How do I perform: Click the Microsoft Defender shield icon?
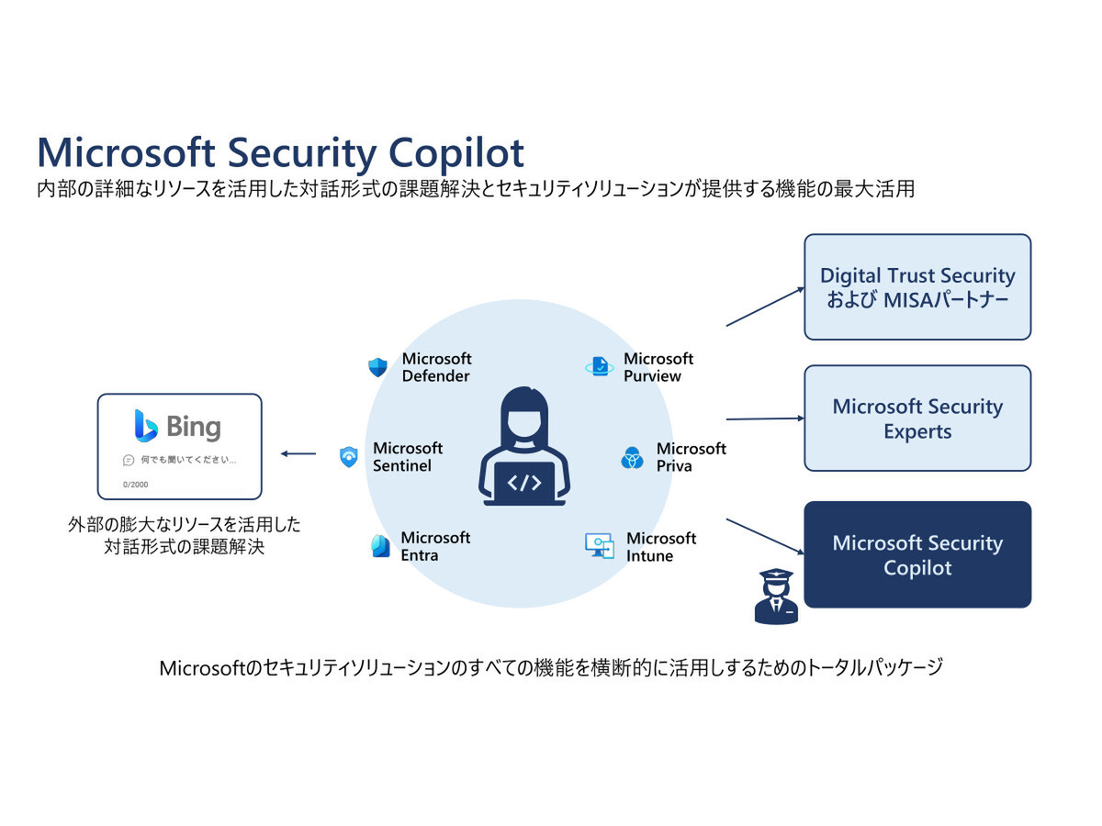377,368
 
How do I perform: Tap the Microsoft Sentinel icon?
348,457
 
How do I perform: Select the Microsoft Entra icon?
379,546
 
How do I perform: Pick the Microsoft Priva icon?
632,457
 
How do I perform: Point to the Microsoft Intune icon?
599,546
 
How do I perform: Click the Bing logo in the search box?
178,427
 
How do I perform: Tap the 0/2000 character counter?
135,484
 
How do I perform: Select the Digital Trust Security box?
917,287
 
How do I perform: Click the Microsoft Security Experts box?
917,419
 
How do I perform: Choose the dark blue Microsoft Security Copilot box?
917,554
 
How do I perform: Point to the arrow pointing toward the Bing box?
298,453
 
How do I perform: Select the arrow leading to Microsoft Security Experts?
764,419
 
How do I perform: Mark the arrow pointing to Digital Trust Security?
764,307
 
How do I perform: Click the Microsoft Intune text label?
661,547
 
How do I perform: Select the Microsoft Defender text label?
436,367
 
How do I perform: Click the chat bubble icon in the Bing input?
129,459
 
